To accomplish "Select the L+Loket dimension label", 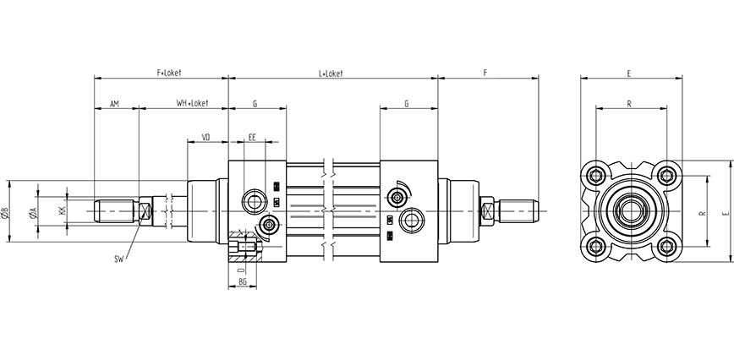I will [331, 74].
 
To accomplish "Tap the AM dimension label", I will [115, 104].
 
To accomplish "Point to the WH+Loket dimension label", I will [192, 104].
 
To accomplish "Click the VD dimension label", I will [205, 135].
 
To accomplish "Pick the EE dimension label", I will [253, 135].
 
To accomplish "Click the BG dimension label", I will [242, 281].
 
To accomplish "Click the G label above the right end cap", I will [407, 104].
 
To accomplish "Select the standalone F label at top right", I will [485, 74].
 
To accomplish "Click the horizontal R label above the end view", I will [630, 104].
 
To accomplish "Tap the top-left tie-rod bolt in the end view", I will [597, 176].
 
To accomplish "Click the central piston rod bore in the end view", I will [632, 211].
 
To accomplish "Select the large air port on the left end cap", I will [253, 201].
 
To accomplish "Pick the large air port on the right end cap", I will [413, 220].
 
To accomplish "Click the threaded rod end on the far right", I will [519, 206].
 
